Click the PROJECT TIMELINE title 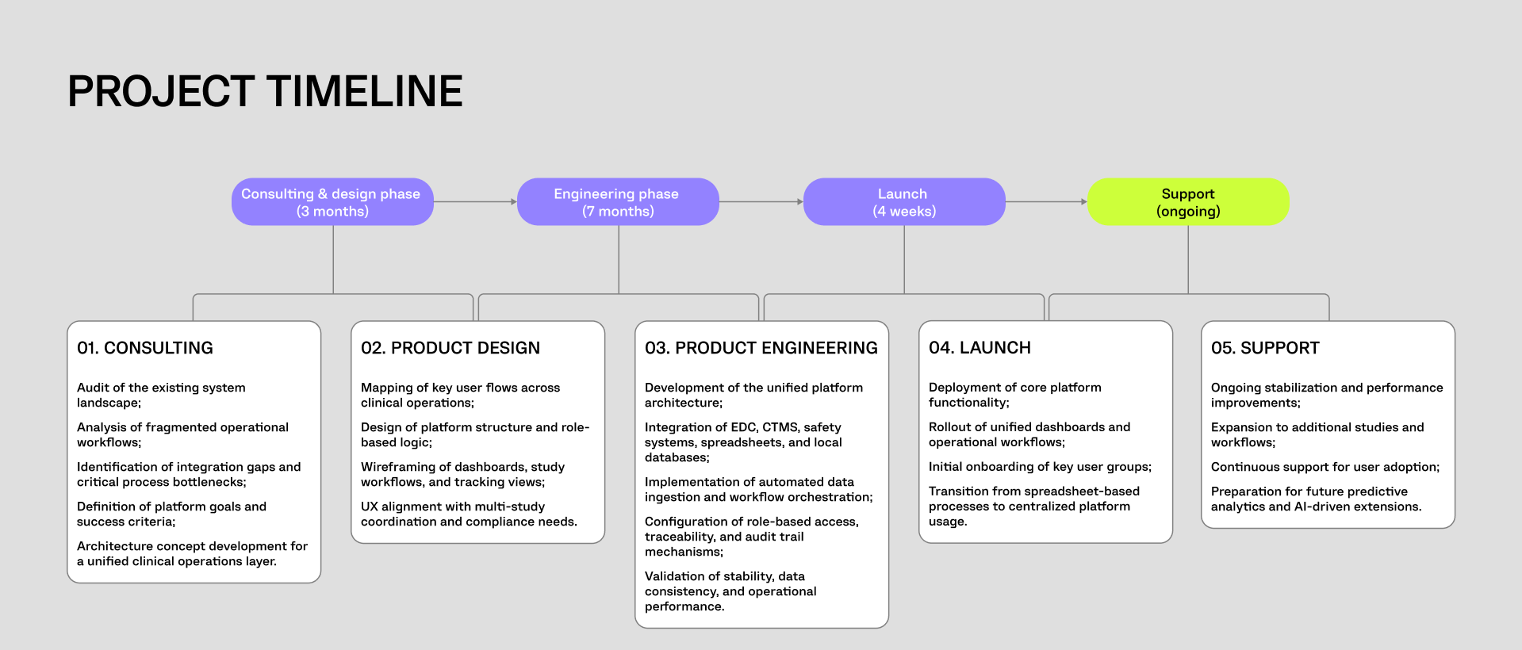[x=265, y=91]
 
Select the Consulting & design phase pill [x=332, y=202]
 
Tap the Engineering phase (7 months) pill [x=618, y=202]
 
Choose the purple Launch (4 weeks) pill [x=904, y=202]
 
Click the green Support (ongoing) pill [x=1188, y=202]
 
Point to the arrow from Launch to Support [x=1046, y=202]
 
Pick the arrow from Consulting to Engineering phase [x=475, y=202]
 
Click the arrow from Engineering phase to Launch [x=761, y=202]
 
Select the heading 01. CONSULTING [x=145, y=348]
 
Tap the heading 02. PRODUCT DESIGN [x=450, y=348]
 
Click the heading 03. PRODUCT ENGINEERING [x=761, y=348]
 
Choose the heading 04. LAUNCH [x=980, y=348]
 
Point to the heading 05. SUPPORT [x=1265, y=348]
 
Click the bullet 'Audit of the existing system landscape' [x=161, y=395]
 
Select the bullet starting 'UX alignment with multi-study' [x=469, y=514]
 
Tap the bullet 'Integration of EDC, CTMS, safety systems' [x=743, y=442]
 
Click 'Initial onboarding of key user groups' [x=1040, y=467]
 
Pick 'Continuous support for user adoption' [x=1325, y=467]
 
